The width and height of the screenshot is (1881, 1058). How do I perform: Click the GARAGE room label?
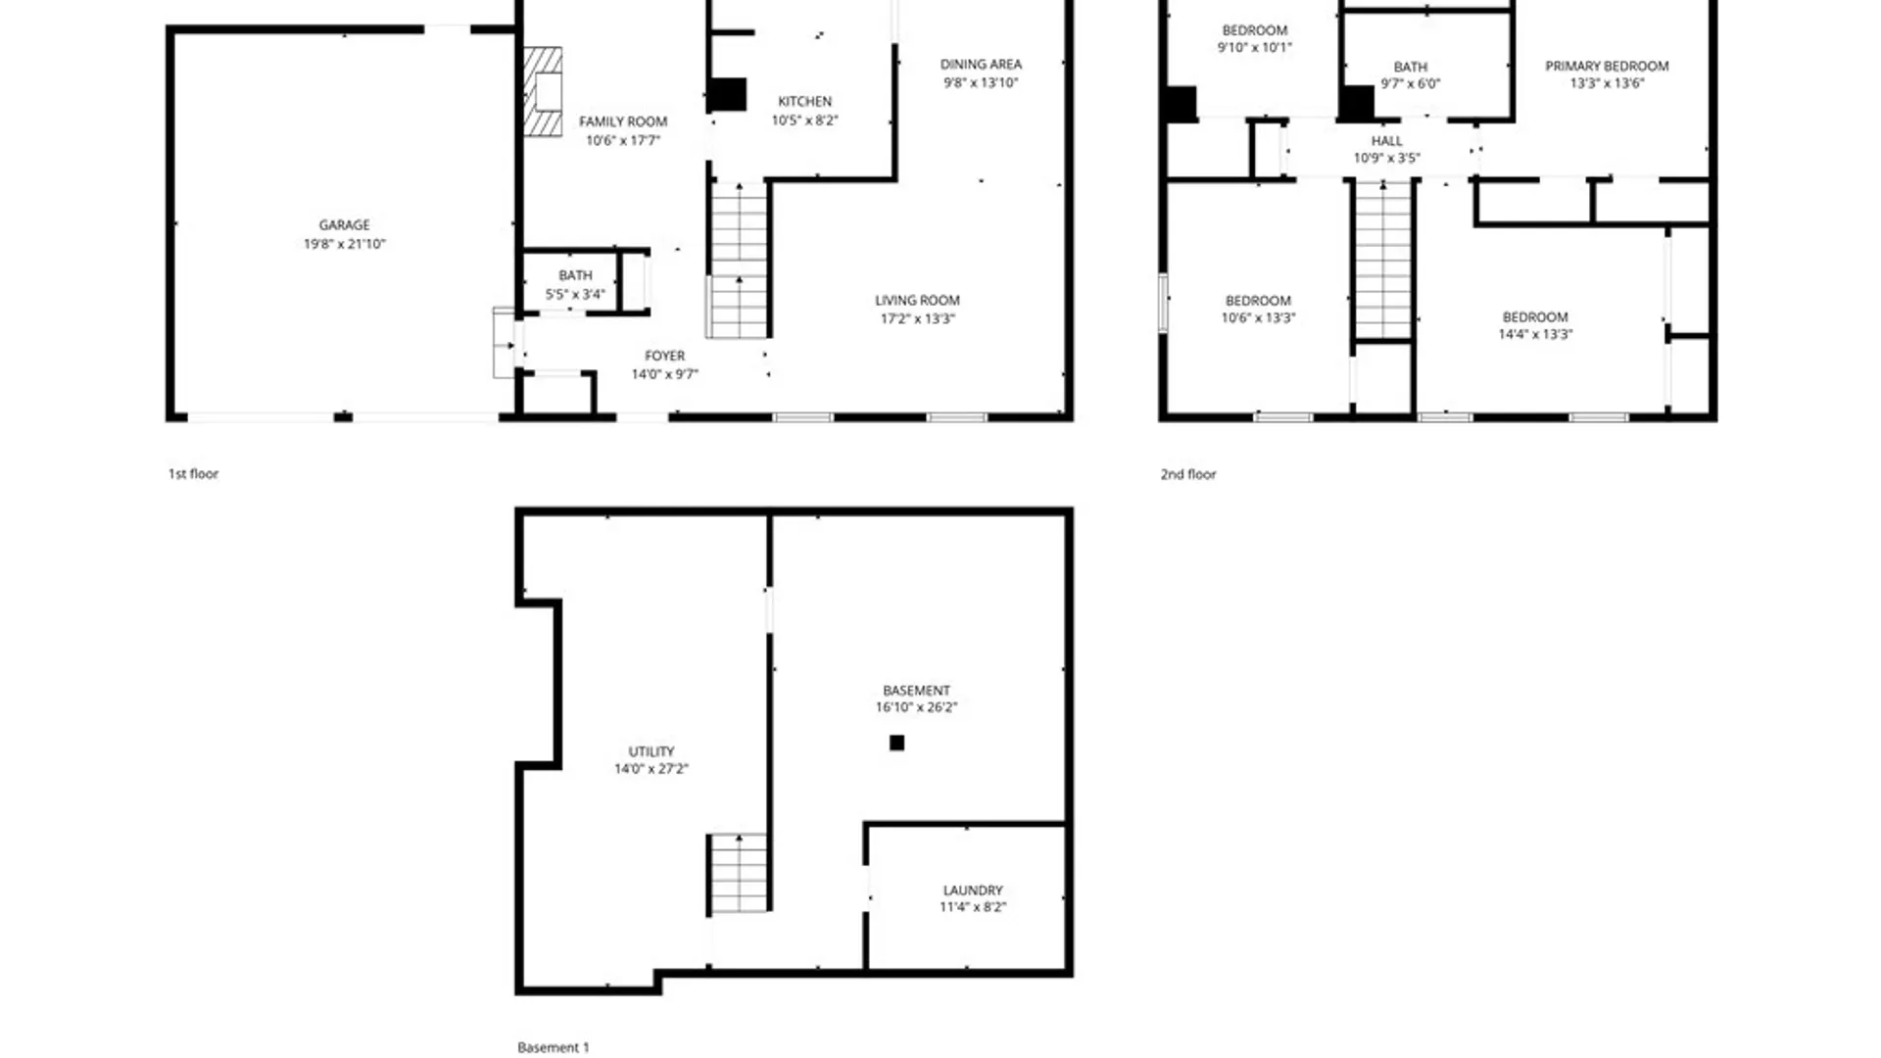point(344,225)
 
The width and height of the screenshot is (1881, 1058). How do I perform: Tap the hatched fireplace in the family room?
point(543,92)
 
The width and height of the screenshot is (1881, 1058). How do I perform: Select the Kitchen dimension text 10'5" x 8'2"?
point(804,120)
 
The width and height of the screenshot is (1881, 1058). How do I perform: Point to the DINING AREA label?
point(981,65)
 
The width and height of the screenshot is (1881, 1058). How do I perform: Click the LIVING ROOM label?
point(917,301)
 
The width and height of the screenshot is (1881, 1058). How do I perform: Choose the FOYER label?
point(664,356)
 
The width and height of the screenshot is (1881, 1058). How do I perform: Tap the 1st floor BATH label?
point(575,275)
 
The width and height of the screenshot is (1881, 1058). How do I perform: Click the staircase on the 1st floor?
point(739,261)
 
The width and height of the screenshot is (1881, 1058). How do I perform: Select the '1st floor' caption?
point(193,474)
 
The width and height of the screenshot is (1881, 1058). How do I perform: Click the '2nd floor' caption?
point(1187,474)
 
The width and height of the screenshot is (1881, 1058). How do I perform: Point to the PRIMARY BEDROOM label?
point(1607,67)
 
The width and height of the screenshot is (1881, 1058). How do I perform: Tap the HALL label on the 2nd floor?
point(1386,141)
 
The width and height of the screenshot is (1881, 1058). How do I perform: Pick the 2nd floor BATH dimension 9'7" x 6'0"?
point(1410,84)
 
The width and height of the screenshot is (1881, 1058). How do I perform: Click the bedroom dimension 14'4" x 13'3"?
point(1535,334)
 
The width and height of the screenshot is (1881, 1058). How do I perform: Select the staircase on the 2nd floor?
point(1382,261)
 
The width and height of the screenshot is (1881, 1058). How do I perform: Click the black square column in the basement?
point(896,743)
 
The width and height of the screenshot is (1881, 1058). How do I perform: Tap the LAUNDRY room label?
point(973,890)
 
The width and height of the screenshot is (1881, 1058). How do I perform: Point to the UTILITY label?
point(651,751)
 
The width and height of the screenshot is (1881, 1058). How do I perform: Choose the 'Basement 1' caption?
point(554,1047)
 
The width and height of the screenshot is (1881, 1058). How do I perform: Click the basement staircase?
point(739,873)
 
